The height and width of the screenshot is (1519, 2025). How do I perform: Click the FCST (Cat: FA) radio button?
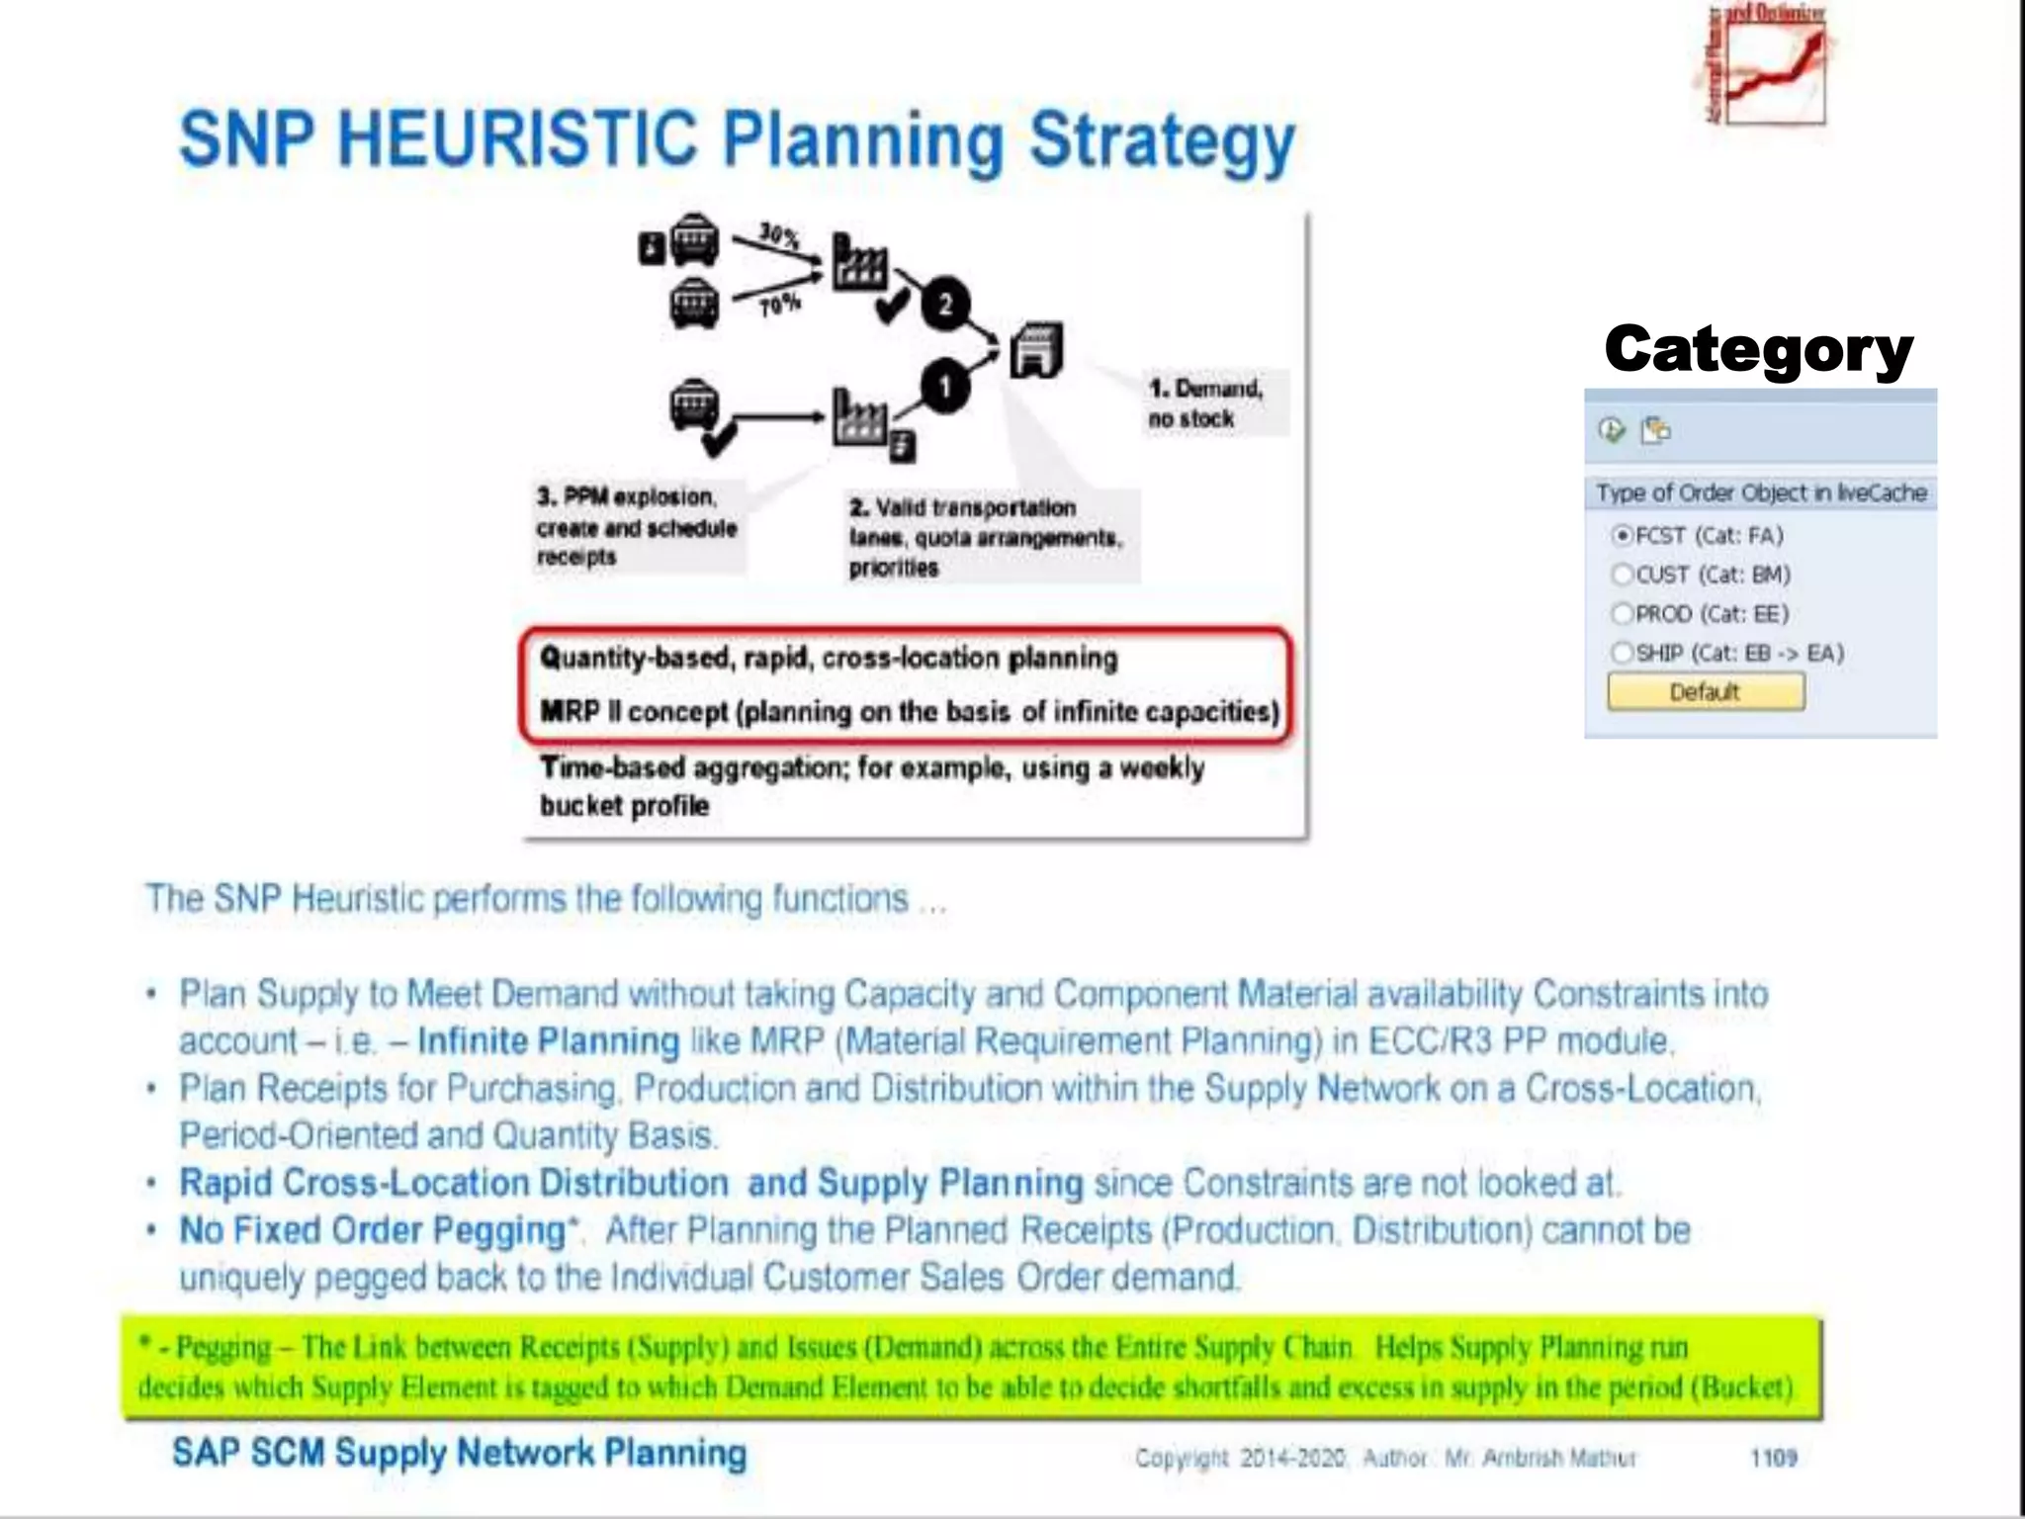point(1622,536)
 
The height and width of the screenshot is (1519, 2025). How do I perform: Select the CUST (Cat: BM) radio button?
point(1622,575)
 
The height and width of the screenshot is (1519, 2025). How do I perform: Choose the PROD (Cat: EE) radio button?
point(1622,614)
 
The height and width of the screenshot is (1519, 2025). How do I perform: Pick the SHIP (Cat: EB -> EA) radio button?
point(1622,653)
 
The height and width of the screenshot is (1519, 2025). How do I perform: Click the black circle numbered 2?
point(945,304)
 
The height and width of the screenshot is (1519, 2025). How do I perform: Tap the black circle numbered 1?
point(944,387)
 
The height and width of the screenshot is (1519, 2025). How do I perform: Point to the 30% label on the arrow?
point(778,235)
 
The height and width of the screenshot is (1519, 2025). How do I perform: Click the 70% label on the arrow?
point(779,305)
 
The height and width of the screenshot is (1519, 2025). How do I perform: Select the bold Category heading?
point(1759,349)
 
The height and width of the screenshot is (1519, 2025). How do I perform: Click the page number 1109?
point(1773,1457)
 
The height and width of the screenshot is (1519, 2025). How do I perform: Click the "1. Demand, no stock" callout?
point(1204,402)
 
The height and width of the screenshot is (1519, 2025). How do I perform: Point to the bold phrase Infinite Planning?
point(549,1041)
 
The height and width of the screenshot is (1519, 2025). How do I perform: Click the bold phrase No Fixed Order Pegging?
point(373,1230)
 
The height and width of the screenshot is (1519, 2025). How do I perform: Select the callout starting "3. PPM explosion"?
point(636,526)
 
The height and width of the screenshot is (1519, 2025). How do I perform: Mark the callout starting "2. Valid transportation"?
point(985,537)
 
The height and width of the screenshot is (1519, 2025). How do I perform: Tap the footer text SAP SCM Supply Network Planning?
point(459,1453)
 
